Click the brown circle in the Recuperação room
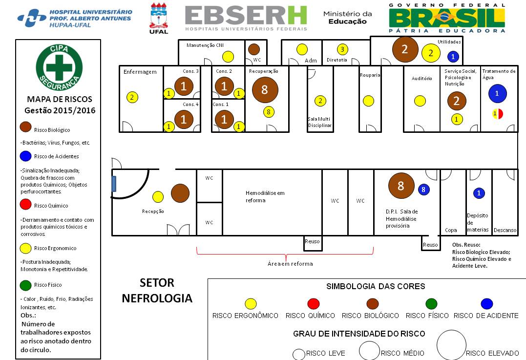[x=265, y=89]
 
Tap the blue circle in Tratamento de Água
[x=497, y=93]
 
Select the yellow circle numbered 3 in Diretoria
[x=342, y=49]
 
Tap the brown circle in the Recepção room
[x=180, y=193]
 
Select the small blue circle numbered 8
[x=423, y=189]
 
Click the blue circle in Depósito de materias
[x=479, y=193]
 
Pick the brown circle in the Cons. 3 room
[x=184, y=86]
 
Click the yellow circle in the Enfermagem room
[x=131, y=97]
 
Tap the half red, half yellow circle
[x=497, y=113]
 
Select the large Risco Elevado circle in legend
[x=451, y=345]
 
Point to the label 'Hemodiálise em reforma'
[x=265, y=196]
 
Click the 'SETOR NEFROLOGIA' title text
[x=157, y=290]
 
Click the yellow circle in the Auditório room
[x=420, y=101]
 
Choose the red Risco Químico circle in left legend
[x=26, y=206]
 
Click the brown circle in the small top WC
[x=253, y=49]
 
